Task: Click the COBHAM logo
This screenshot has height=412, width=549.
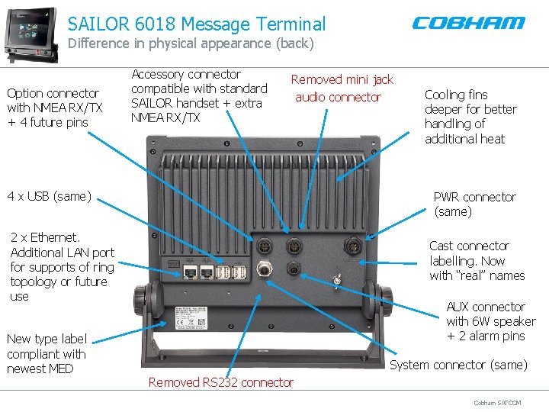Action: (468, 23)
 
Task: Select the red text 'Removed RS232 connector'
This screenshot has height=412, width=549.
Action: (220, 382)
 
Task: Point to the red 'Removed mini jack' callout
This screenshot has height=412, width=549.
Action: (342, 79)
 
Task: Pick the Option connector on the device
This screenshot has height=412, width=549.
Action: (265, 246)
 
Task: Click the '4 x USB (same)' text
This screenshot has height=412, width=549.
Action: (49, 197)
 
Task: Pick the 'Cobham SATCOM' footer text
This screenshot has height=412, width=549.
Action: (497, 403)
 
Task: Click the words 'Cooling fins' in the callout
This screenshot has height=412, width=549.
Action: (456, 95)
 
